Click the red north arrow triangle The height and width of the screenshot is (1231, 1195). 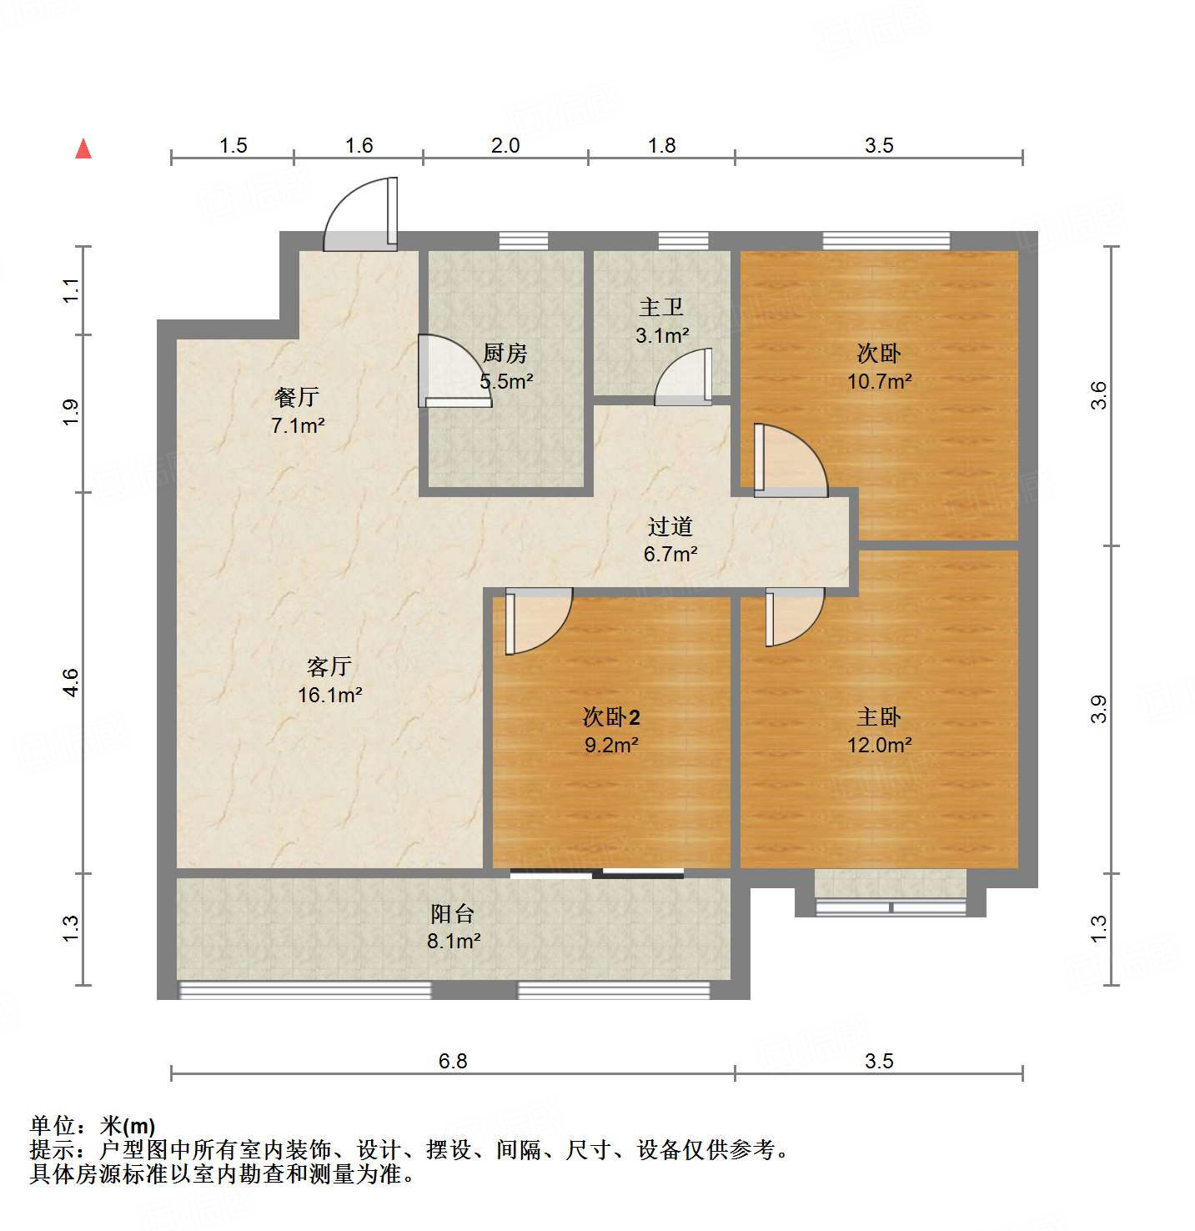click(83, 149)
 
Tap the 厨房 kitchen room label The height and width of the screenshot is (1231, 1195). click(505, 354)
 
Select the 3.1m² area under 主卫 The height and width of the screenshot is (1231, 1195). click(662, 336)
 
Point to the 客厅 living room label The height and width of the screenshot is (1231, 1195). click(329, 667)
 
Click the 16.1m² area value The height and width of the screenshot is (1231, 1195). click(329, 695)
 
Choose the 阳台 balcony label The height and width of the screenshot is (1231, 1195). click(453, 914)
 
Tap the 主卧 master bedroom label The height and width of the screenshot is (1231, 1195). click(879, 717)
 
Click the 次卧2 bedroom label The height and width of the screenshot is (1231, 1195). click(611, 717)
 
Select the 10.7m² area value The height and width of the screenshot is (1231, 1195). click(879, 382)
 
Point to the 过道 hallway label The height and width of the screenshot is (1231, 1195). click(670, 527)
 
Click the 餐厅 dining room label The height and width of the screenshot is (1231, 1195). click(297, 398)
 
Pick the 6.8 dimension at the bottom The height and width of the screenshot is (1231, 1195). click(453, 1061)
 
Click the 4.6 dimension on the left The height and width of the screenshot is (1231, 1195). click(72, 683)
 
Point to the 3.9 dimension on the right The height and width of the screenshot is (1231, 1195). click(1099, 709)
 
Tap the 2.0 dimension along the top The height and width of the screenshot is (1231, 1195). click(505, 146)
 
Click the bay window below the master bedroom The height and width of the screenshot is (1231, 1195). click(891, 894)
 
